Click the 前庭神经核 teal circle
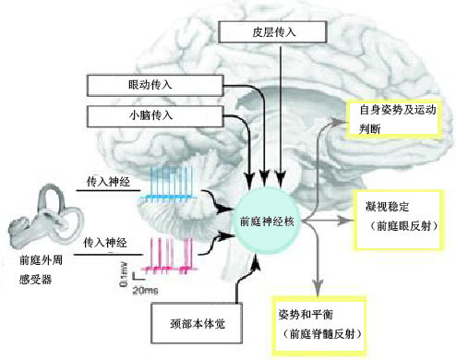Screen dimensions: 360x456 269,222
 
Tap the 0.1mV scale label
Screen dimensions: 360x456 123,274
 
